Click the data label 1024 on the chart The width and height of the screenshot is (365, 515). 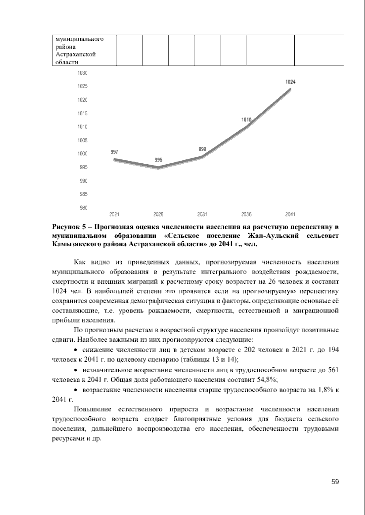coord(290,82)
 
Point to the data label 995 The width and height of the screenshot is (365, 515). coord(158,160)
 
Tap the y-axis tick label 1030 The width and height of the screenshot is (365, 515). coord(83,73)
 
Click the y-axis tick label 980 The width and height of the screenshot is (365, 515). coord(83,208)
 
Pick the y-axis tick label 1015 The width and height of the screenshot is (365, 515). coord(83,113)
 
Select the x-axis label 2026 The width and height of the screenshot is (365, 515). coord(158,214)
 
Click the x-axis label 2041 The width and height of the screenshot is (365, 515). coord(290,214)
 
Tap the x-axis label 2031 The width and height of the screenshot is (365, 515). coord(202,214)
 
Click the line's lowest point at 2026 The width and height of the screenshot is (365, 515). coord(158,168)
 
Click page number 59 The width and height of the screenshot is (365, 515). coord(335,482)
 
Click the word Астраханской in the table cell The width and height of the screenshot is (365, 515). coord(75,55)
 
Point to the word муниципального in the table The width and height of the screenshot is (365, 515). coord(79,39)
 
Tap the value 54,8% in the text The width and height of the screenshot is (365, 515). coord(266,380)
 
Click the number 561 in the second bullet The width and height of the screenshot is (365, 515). coord(333,370)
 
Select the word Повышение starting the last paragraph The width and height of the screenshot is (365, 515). coord(92,410)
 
